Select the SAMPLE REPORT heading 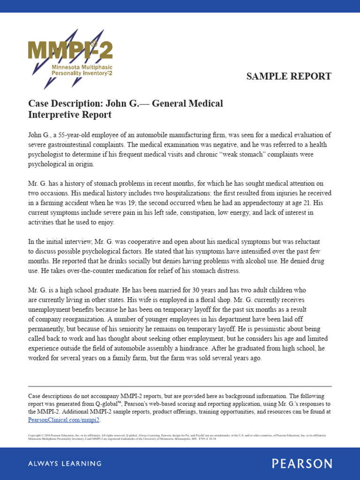coord(289,76)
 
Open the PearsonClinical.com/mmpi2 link coord(64,420)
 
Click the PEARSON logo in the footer coord(302,464)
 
